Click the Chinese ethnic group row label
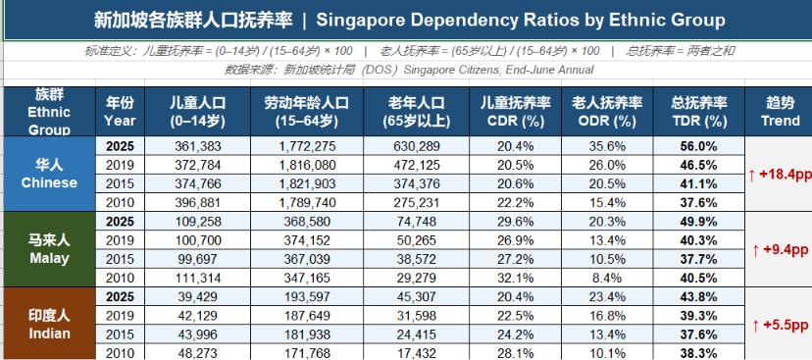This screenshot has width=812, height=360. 49,174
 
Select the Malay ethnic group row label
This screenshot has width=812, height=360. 49,248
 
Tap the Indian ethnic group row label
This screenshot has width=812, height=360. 49,324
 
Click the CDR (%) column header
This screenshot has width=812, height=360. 515,112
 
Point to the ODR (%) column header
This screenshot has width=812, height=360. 607,112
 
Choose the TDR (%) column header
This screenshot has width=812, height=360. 699,112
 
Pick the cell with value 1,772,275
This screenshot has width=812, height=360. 307,146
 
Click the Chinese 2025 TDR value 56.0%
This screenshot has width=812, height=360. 698,146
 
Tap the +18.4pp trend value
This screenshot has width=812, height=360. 780,175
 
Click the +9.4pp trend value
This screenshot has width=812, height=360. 779,250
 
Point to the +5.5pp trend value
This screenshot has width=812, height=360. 779,326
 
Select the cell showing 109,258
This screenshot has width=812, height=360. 198,222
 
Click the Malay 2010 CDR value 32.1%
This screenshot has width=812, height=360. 515,279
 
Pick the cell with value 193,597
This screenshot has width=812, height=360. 307,297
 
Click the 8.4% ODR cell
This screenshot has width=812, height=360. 607,279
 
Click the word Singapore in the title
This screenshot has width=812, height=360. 357,21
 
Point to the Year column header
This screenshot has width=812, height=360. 121,112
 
